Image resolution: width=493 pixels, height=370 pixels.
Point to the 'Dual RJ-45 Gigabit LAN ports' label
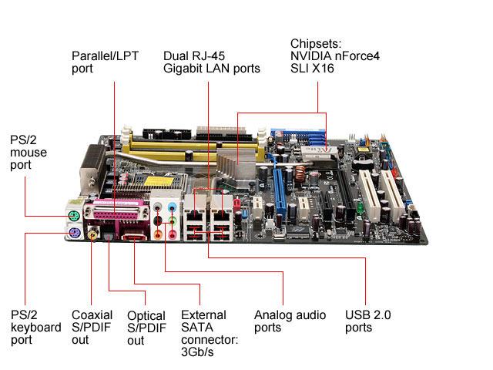point(211,62)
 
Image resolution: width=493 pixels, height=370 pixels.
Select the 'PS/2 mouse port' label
point(28,153)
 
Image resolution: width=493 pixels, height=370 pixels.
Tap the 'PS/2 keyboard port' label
point(35,328)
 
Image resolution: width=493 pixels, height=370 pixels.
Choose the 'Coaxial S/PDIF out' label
point(92,328)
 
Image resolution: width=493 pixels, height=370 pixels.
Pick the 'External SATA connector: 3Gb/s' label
point(204,334)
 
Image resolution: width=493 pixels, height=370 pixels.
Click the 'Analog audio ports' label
point(290,321)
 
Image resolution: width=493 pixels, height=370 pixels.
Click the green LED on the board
point(360,209)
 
